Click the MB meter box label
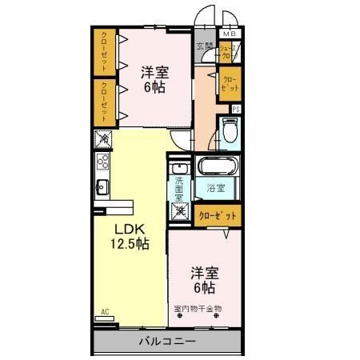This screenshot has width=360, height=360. (x=230, y=34)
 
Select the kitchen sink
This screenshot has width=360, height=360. (x=103, y=189)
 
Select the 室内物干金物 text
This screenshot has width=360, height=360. (x=198, y=308)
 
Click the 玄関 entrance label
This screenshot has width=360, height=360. (x=205, y=46)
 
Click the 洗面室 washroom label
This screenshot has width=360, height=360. (x=180, y=189)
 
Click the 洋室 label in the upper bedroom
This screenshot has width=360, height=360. (x=155, y=70)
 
